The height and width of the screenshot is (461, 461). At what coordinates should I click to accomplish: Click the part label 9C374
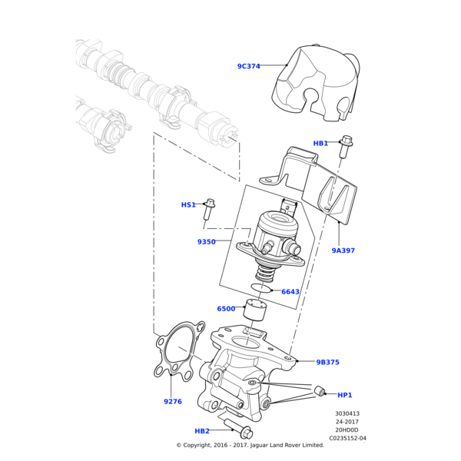point(248,66)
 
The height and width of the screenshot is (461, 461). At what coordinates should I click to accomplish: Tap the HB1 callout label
point(320,143)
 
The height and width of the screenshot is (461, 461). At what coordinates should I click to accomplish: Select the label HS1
point(188,205)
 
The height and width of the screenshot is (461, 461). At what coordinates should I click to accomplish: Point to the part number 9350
point(206,242)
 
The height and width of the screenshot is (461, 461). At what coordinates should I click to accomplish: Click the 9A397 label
point(343,250)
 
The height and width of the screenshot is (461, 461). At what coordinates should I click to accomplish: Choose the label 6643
point(290,292)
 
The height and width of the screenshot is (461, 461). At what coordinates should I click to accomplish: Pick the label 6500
point(226,309)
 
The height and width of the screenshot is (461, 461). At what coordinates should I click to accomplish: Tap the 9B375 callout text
point(327,362)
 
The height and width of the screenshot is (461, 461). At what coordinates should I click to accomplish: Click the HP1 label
point(345,395)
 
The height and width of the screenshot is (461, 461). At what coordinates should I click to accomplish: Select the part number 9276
point(173,402)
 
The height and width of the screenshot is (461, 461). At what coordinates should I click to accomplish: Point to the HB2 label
point(202,431)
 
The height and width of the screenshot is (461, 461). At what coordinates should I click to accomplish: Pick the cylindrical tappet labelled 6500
point(254,311)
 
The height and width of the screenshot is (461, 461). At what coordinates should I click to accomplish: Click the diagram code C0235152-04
point(347,439)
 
